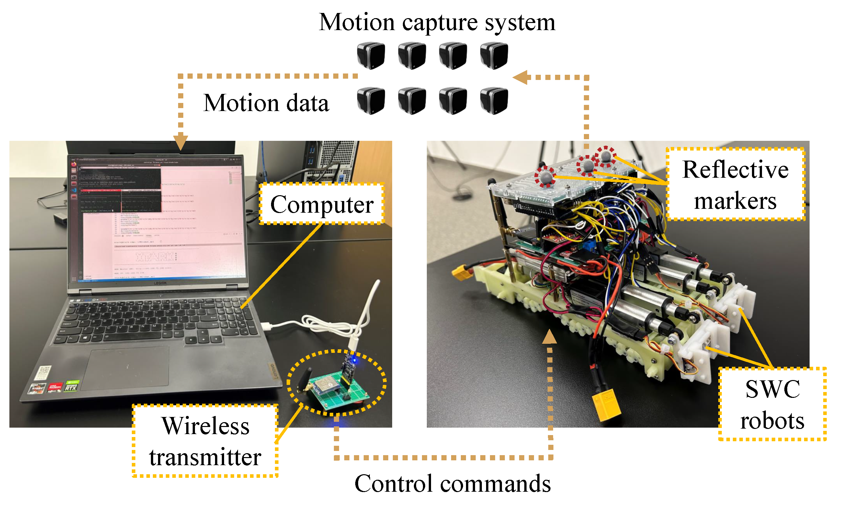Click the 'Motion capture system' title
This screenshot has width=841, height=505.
[x=437, y=22]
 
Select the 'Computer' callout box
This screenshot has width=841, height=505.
[x=322, y=204]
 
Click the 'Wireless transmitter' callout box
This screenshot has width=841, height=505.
[x=205, y=441]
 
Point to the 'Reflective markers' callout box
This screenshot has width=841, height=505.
[x=735, y=185]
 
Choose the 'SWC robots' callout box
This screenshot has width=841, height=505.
[x=772, y=404]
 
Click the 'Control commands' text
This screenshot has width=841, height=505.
[x=452, y=484]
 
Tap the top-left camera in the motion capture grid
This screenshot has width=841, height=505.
[x=371, y=55]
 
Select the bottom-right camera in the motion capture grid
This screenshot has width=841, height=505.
[x=494, y=101]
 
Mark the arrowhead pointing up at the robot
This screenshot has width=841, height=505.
[x=549, y=337]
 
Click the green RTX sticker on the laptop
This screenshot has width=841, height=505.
[x=72, y=386]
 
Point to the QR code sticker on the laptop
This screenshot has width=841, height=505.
[x=43, y=372]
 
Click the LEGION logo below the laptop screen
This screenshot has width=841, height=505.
[x=160, y=283]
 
